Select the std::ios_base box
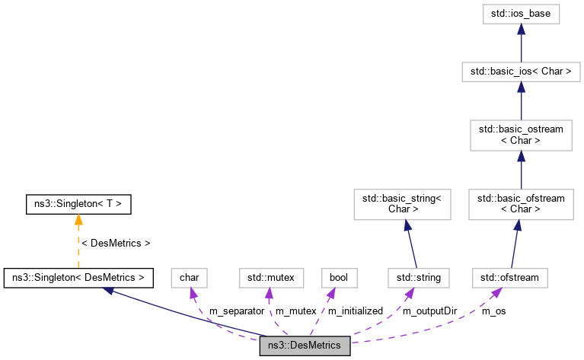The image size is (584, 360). [521, 14]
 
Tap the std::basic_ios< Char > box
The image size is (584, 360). [521, 72]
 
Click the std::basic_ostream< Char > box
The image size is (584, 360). [521, 135]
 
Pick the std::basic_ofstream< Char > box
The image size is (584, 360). [521, 203]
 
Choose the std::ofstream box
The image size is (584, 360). [510, 278]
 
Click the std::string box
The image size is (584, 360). [419, 278]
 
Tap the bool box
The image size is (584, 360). [339, 278]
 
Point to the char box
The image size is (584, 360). [189, 278]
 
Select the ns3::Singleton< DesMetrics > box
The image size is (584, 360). [79, 278]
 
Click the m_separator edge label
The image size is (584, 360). [237, 311]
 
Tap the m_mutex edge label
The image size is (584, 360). [295, 311]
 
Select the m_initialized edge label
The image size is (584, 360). [355, 311]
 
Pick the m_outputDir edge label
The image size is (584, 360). [429, 311]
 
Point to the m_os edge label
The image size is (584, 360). [494, 311]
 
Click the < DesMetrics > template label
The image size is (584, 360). [116, 244]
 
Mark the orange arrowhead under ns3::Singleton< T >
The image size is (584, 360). [78, 219]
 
